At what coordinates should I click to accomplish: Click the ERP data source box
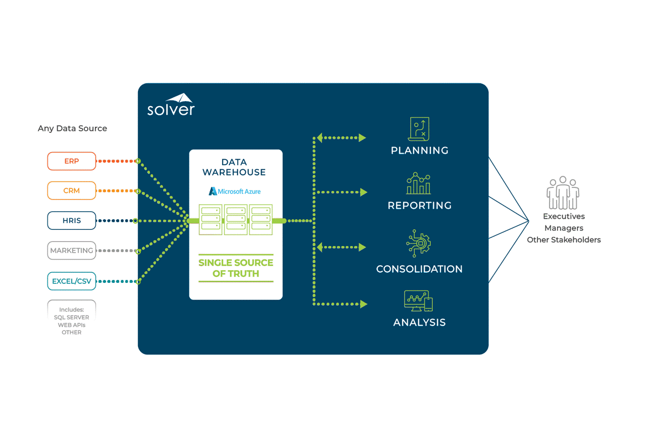click(71, 161)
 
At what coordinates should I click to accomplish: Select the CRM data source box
click(71, 191)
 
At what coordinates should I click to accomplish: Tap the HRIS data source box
click(71, 221)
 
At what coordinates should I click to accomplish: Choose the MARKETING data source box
click(71, 251)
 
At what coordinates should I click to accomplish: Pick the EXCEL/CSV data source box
click(71, 281)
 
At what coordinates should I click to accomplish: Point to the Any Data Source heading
click(72, 128)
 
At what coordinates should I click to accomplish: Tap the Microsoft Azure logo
click(235, 191)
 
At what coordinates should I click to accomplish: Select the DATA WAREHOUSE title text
click(234, 167)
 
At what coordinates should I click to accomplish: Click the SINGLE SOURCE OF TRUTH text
click(235, 268)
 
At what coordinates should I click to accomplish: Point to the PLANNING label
click(419, 151)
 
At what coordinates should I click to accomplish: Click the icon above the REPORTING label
click(419, 183)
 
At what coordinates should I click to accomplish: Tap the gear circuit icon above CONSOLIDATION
click(419, 244)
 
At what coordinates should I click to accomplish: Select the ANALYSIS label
click(419, 322)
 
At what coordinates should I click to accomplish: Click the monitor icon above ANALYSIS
click(418, 301)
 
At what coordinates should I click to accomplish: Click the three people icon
click(563, 193)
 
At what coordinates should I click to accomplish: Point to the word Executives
click(564, 216)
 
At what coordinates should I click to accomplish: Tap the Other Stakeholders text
click(564, 240)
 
